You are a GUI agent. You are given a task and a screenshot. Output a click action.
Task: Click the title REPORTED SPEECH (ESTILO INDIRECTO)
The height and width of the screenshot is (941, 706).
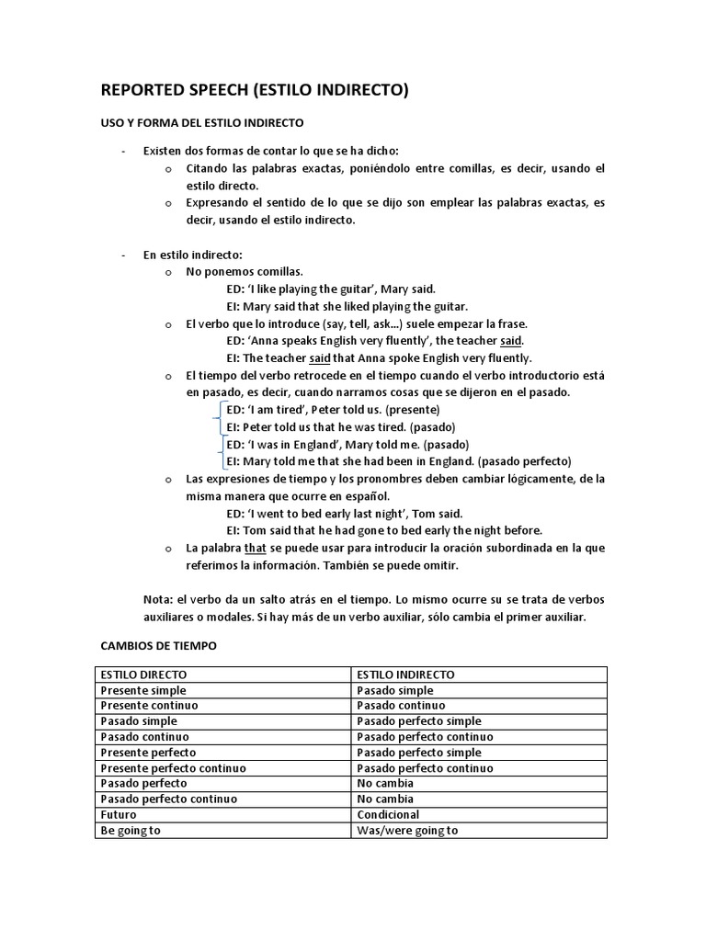(x=254, y=90)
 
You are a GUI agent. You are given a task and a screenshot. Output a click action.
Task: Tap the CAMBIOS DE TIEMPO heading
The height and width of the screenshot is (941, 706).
(x=158, y=646)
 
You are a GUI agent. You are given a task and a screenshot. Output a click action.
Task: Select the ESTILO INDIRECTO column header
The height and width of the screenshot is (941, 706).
(x=404, y=675)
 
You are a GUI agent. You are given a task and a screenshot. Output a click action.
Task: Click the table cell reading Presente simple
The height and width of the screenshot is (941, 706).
(x=143, y=690)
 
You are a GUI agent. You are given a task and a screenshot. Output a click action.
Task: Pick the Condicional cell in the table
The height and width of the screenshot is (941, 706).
(x=388, y=814)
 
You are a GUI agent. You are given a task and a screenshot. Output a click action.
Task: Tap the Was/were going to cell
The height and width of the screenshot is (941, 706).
(x=407, y=830)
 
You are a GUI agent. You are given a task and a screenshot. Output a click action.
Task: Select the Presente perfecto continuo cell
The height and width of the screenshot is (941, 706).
(x=174, y=767)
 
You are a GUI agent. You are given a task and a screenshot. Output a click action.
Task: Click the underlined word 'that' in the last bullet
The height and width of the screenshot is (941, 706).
(x=255, y=548)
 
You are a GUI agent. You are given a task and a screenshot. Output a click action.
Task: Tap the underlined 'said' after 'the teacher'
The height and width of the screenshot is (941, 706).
(x=511, y=341)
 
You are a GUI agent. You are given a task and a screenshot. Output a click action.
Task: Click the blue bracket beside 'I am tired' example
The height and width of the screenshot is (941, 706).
(x=221, y=418)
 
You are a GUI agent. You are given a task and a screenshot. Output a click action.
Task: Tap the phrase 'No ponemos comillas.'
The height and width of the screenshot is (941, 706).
(x=245, y=272)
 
